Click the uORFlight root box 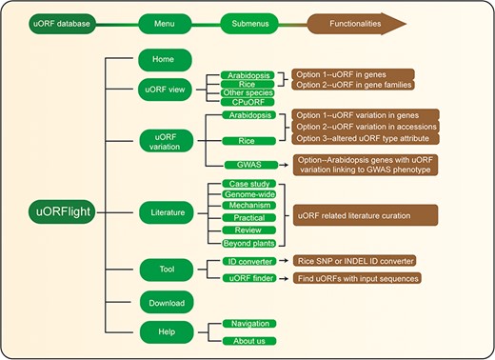(x=55, y=212)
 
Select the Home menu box (x=163, y=59)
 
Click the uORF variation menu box (x=163, y=140)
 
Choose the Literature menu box (x=163, y=212)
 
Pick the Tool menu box (x=163, y=269)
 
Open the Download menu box (x=163, y=303)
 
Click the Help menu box (x=163, y=332)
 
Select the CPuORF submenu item (x=248, y=102)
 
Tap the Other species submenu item (x=248, y=92)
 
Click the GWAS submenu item (x=248, y=164)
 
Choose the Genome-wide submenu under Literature (x=248, y=193)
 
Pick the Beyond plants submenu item (x=248, y=243)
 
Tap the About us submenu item (x=248, y=341)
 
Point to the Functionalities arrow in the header (x=381, y=21)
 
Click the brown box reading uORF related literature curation (x=365, y=216)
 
